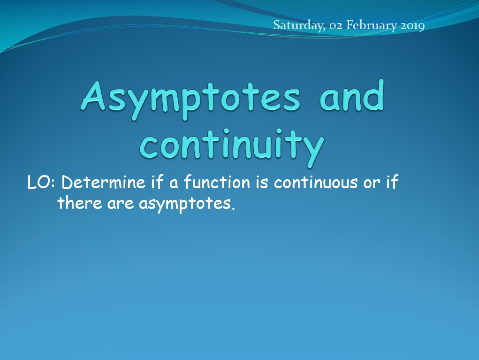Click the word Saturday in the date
299,25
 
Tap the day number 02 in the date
336,25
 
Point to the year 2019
412,25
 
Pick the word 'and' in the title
351,95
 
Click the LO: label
41,183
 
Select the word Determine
103,183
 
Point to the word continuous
316,183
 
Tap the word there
80,203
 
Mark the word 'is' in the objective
262,183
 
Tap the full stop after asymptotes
233,208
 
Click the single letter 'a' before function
174,184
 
